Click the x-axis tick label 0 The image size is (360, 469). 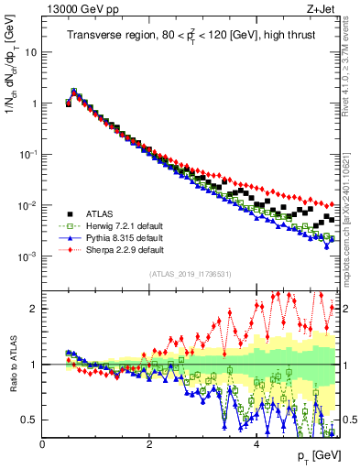coord(43,444)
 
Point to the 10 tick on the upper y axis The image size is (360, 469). coord(30,52)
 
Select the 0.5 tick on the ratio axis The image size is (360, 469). coord(29,420)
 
